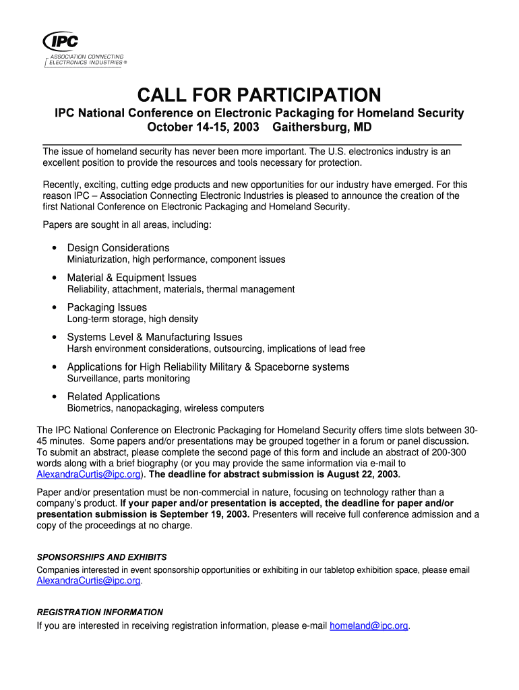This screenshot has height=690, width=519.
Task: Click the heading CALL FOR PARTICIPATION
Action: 259,94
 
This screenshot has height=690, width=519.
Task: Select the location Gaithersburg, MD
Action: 322,127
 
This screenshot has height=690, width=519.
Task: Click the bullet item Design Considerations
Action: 118,248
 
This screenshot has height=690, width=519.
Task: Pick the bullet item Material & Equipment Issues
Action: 131,278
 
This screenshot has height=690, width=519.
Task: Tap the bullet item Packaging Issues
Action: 106,307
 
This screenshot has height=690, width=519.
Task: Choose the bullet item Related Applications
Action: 113,396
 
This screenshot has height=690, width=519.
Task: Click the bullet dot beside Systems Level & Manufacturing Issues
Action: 53,338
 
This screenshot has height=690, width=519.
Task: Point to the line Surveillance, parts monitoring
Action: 128,379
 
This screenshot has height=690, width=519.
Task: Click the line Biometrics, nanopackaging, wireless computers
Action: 165,408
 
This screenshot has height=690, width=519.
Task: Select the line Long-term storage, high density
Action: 132,319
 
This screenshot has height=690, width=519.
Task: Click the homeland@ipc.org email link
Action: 369,626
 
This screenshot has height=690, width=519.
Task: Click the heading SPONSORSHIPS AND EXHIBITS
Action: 101,557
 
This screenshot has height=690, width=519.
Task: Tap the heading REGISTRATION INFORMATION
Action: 100,613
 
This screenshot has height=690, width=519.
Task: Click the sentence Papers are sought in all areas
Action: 127,224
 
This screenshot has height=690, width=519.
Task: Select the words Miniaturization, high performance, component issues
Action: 176,259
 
